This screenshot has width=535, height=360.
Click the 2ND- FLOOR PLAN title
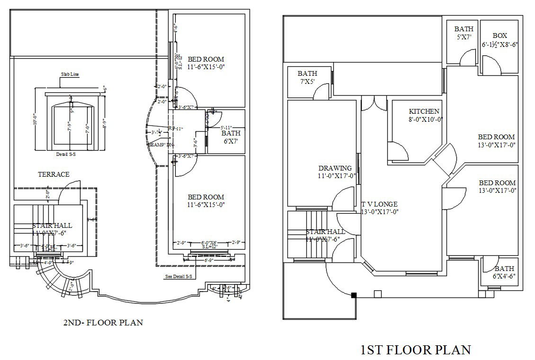point(103,323)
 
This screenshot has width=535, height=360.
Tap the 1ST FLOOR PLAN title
point(416,350)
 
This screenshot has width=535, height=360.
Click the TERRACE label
point(53,174)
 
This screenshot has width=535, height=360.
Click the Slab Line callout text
point(69,74)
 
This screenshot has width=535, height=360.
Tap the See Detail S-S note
point(178,276)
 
